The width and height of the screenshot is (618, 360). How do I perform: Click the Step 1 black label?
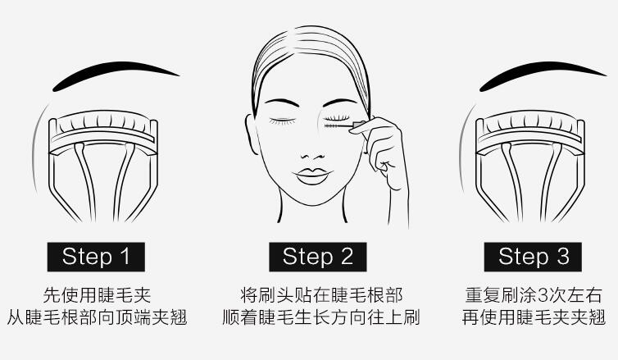click(97, 256)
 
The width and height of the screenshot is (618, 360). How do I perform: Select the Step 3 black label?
click(534, 256)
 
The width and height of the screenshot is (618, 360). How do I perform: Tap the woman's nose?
click(313, 148)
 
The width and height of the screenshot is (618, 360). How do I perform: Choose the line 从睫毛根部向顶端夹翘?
click(97, 317)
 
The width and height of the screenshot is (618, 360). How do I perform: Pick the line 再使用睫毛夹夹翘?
click(534, 317)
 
